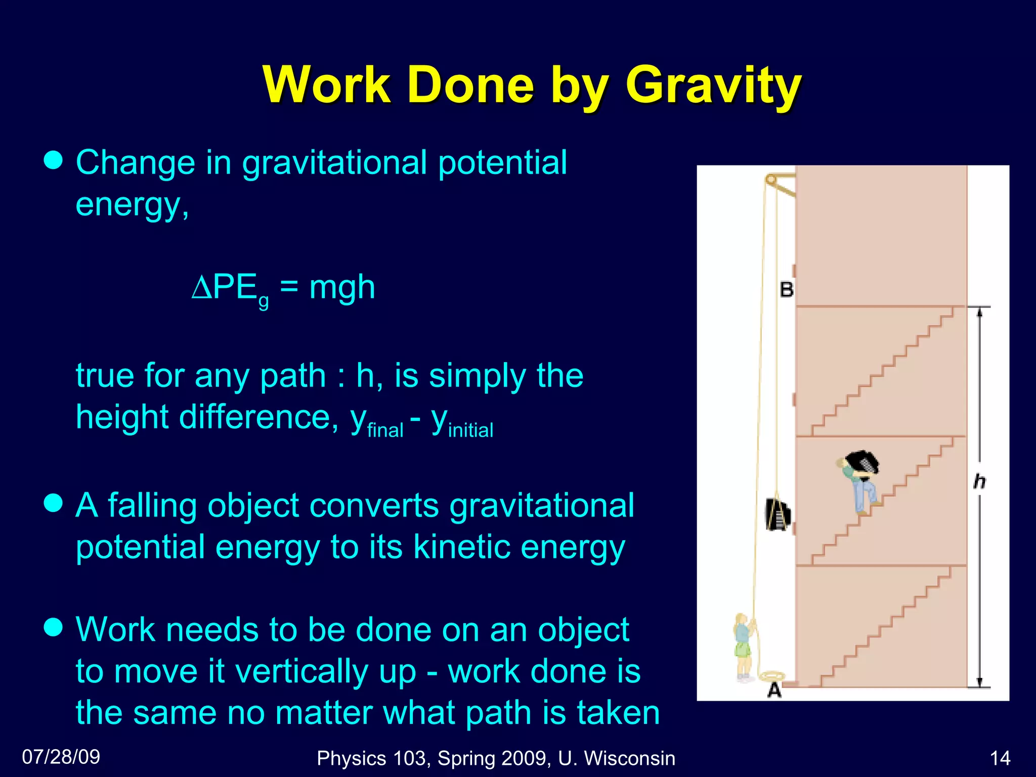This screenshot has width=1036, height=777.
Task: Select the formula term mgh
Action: (342, 287)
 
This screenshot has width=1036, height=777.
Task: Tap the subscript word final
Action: (385, 430)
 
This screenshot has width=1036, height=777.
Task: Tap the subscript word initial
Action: (470, 430)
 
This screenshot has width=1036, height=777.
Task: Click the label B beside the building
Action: (787, 290)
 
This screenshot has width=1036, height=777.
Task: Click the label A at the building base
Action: (774, 690)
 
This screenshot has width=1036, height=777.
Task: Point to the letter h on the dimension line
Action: (979, 481)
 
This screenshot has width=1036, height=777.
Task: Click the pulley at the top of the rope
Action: (771, 179)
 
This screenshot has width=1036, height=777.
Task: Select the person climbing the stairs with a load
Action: (860, 481)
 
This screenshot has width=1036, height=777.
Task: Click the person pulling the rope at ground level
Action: (743, 647)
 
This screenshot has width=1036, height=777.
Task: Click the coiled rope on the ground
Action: (772, 676)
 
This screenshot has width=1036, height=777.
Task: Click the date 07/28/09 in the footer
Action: (61, 757)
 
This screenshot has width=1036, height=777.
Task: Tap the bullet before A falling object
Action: (53, 504)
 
